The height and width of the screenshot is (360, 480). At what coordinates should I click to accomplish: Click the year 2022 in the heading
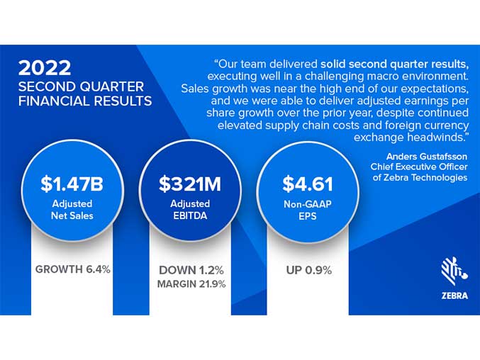[x=45, y=68]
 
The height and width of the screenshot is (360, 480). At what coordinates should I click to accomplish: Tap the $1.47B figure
[x=72, y=184]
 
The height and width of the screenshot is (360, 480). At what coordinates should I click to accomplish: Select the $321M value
[x=190, y=184]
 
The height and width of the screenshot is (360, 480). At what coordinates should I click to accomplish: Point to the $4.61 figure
[x=308, y=184]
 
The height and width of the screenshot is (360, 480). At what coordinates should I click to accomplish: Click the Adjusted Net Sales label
[x=72, y=210]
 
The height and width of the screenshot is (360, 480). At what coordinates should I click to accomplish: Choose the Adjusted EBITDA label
[x=190, y=210]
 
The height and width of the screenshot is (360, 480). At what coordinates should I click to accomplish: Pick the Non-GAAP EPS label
[x=308, y=210]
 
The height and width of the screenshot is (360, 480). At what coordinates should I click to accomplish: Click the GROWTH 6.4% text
[x=73, y=269]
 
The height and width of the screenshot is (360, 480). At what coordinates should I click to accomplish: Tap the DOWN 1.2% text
[x=191, y=270]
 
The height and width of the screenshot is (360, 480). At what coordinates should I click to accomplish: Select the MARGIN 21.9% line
[x=191, y=284]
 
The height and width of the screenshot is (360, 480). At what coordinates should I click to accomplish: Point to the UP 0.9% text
[x=309, y=270]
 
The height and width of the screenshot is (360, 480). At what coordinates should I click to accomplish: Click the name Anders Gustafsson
[x=427, y=157]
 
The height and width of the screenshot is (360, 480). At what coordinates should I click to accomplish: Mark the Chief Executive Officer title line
[x=419, y=167]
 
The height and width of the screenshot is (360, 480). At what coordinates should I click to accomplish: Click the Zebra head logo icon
[x=454, y=271]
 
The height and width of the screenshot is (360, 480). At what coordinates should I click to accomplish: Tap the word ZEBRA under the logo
[x=454, y=296]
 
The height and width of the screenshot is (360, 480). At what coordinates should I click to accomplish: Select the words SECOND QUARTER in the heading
[x=81, y=87]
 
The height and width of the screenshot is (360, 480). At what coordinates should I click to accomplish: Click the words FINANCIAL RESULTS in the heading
[x=85, y=101]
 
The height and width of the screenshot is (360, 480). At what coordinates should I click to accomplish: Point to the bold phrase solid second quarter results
[x=395, y=64]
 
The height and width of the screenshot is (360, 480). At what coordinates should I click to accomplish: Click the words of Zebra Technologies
[x=420, y=177]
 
